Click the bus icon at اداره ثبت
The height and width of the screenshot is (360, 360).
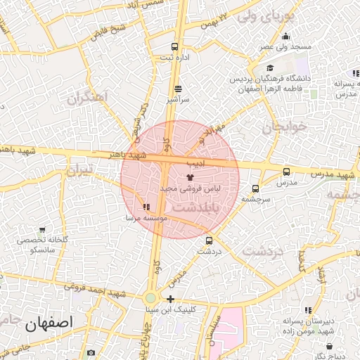tap(174, 49)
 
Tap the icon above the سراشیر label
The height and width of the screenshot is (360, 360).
tap(177, 89)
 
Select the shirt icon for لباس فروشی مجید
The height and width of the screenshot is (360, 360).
tap(189, 178)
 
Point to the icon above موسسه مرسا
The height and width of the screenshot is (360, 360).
tap(146, 207)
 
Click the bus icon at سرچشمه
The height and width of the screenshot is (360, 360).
tap(255, 188)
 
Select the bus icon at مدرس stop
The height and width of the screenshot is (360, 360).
tap(286, 172)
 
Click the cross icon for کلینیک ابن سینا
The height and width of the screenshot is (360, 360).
tap(170, 299)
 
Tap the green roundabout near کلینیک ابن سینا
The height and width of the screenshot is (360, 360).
tap(150, 298)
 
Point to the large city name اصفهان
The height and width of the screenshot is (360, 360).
tap(51, 324)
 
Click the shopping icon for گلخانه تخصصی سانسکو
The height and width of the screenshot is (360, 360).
tap(43, 230)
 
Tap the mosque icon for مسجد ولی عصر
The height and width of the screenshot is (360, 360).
tap(285, 37)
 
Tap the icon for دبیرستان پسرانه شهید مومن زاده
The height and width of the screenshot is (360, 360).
tap(307, 310)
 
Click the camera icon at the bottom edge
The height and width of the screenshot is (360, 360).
tap(91, 352)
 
